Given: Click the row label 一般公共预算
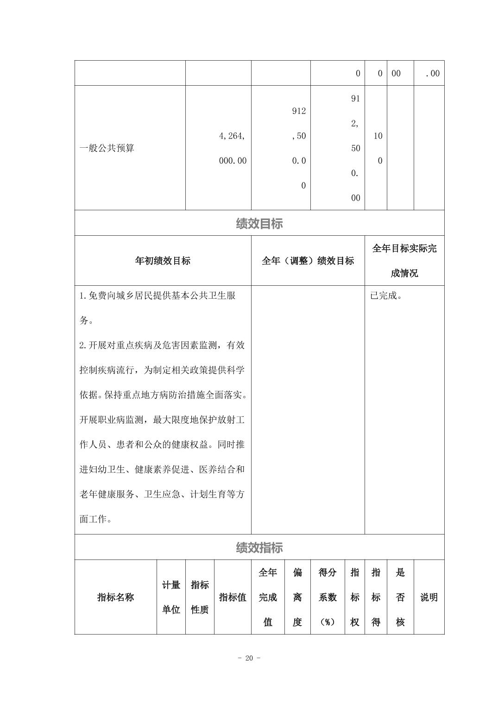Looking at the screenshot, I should coord(107,148).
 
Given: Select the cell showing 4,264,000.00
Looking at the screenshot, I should coord(233,148).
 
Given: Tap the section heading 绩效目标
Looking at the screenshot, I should coord(259,224).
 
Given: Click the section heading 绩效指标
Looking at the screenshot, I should coord(259,548).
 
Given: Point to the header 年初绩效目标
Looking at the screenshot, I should coord(163,261).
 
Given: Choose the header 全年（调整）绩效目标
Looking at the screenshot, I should coord(308,261).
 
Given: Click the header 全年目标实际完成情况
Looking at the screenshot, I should coord(404,261).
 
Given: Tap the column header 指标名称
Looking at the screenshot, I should coord(115,597).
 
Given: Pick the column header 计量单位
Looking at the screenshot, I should coord(171,597).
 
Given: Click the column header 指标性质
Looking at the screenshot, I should coord(200,597).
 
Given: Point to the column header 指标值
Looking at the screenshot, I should coord(233,597).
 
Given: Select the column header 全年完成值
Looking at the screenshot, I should coord(268,597).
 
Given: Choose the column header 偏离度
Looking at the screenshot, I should coord(297,597).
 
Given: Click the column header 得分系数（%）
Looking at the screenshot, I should coord(328,597).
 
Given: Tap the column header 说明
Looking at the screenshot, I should coord(429,597).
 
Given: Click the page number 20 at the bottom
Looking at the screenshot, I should coord(249,658).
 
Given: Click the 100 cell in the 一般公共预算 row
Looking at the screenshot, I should coord(378,148).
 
